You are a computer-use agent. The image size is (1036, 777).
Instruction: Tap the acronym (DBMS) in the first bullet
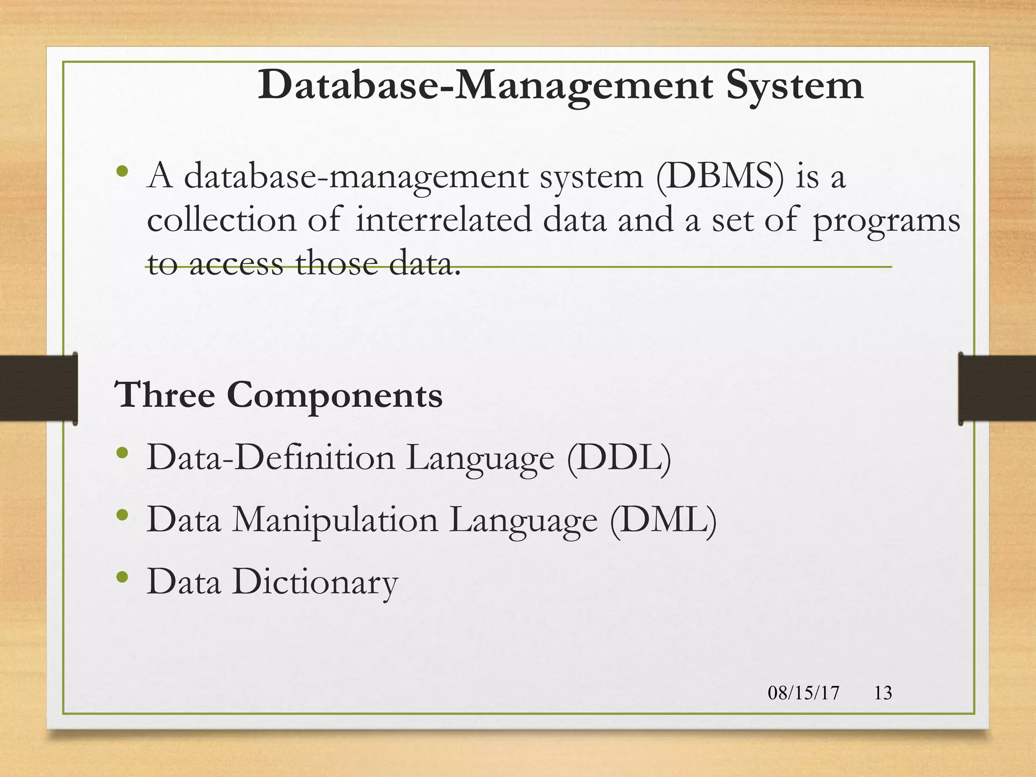tap(719, 176)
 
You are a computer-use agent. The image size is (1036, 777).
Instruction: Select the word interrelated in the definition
tap(444, 220)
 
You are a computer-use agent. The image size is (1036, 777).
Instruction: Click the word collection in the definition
tap(222, 220)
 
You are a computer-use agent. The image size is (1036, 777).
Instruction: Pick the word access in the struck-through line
tap(236, 264)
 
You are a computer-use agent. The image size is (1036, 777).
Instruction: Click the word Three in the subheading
tap(165, 395)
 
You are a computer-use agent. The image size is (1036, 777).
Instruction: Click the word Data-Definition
tap(270, 458)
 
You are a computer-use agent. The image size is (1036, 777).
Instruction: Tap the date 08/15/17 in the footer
tap(803, 693)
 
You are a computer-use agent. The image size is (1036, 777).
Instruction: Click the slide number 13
tap(883, 693)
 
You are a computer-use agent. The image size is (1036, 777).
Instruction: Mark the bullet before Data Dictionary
tap(122, 576)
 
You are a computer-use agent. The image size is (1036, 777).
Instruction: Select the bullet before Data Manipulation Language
tap(122, 514)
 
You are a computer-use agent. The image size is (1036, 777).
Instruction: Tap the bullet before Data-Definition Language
tap(122, 452)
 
